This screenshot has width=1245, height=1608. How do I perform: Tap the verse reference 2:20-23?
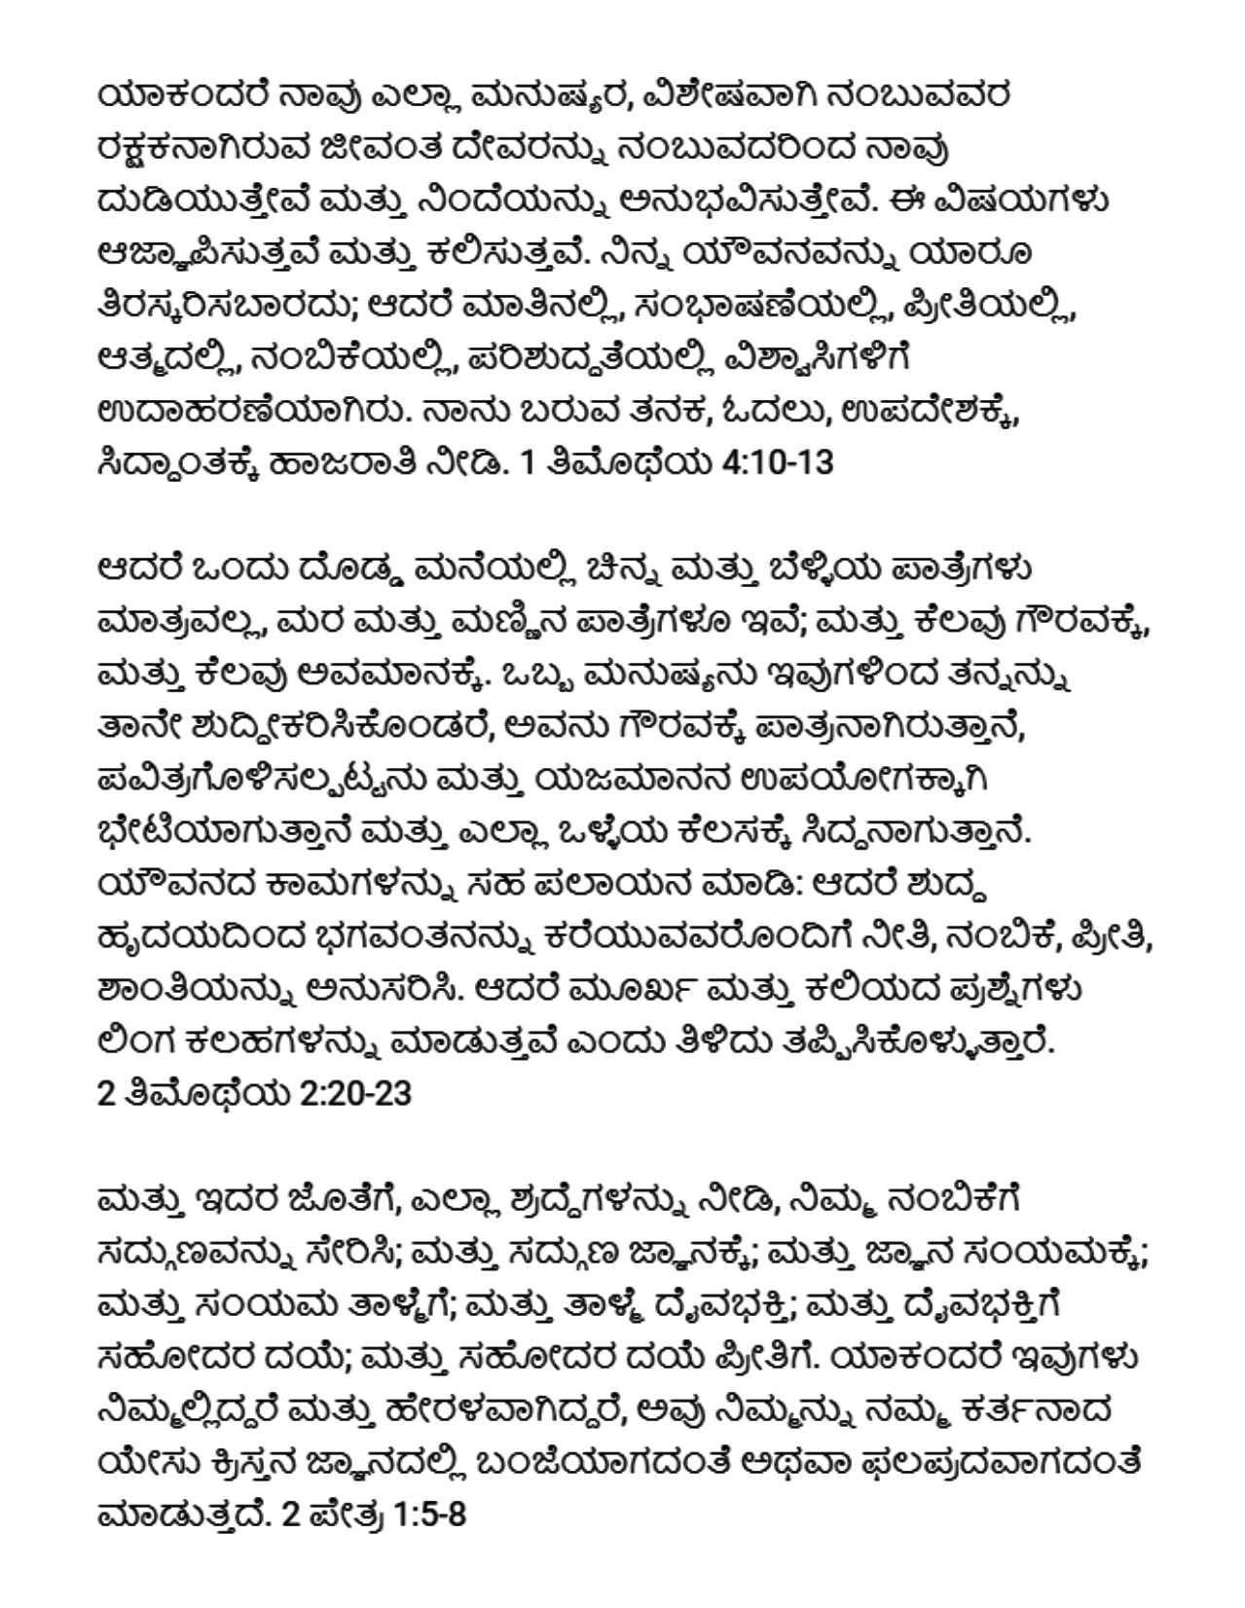coord(355,1093)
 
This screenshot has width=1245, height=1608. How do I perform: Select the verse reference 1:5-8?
coord(430,1514)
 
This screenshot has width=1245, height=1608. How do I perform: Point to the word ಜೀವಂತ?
coord(383,147)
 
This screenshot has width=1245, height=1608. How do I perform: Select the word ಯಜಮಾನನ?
coord(613,779)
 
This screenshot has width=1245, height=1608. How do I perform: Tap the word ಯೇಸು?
coord(145,1462)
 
